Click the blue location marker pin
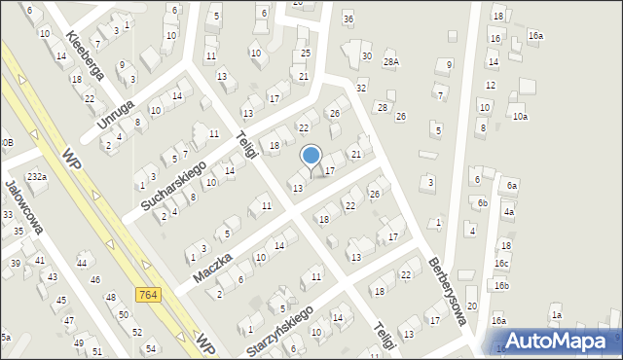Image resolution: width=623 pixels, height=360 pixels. point(311,156)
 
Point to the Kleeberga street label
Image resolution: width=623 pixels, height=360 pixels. point(84,54)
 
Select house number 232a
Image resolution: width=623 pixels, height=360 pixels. point(37,177)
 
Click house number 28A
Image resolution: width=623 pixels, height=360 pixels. point(391,61)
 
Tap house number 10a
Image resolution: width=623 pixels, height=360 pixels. point(521,117)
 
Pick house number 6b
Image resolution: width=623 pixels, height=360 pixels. point(482,203)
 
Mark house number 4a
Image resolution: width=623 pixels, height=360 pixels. point(508,211)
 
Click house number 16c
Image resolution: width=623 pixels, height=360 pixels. point(501,264)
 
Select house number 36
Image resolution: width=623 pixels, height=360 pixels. point(348,19)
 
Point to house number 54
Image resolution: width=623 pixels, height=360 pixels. point(151,348)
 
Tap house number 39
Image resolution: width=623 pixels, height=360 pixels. point(16,264)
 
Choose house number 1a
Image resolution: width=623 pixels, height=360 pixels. point(557,315)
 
